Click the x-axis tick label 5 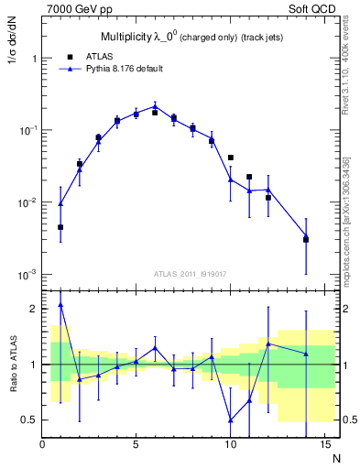136,444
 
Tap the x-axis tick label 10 230,444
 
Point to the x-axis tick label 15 323,444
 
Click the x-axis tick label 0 42,444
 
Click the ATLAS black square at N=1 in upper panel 60,227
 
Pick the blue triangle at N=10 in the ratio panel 230,420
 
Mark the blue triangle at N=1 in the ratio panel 60,305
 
